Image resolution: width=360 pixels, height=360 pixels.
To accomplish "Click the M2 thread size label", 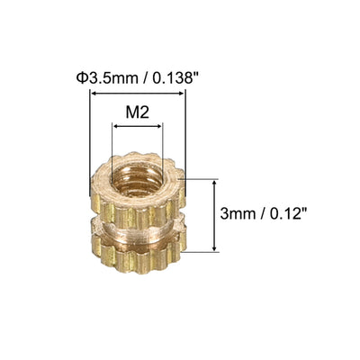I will coord(137,116).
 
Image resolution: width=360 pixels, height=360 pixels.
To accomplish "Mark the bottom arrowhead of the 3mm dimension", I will coord(214,247).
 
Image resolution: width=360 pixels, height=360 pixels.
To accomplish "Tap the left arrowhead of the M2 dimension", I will coord(114,130).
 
